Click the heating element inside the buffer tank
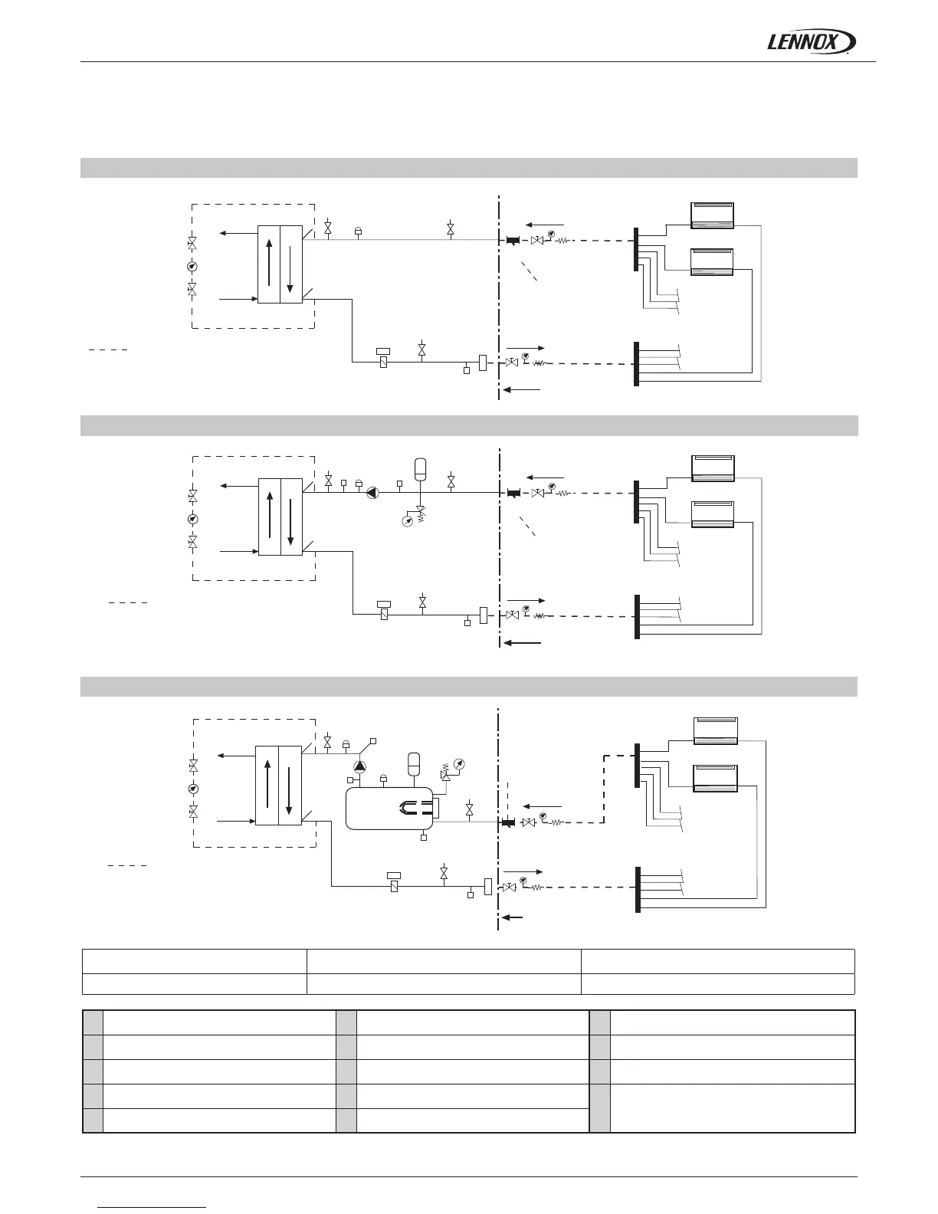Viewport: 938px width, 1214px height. point(414,806)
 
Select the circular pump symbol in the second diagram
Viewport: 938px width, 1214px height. point(372,493)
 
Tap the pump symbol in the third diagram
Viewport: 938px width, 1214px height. point(359,765)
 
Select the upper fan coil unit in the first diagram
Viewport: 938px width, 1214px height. point(713,215)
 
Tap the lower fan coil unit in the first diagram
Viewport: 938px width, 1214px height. point(713,261)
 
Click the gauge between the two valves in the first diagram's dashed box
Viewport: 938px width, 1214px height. point(192,267)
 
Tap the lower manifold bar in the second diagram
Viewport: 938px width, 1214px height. point(636,617)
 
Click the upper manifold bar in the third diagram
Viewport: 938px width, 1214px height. point(636,765)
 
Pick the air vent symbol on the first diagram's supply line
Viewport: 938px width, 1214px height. point(358,229)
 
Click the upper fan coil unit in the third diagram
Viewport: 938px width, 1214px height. point(715,730)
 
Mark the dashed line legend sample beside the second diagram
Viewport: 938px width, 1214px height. point(127,603)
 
